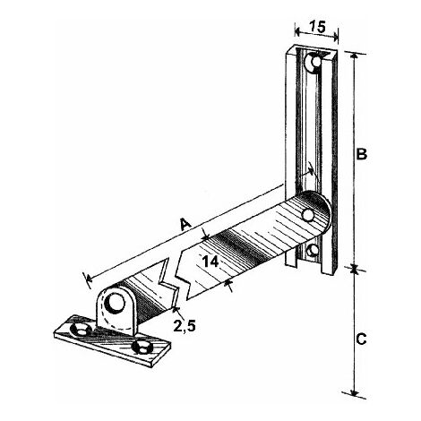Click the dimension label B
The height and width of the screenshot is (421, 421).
coord(362,153)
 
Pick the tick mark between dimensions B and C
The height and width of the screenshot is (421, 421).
coord(355,267)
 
